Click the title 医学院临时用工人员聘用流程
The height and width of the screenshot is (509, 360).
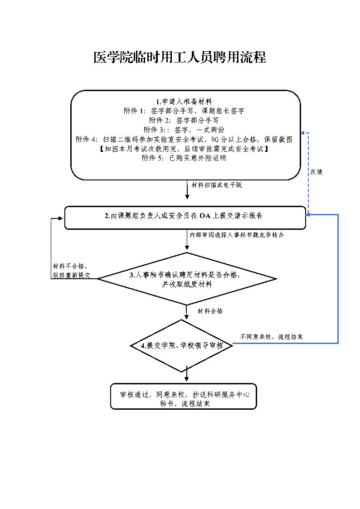tap(180, 57)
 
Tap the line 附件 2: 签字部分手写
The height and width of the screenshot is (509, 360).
tap(184, 121)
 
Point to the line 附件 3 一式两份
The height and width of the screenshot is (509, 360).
tap(184, 130)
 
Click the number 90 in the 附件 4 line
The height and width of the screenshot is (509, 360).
tap(216, 140)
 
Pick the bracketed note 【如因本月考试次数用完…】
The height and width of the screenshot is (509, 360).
tap(184, 149)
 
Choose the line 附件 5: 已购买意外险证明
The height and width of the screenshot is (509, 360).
tap(184, 159)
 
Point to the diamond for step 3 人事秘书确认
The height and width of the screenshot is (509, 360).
tap(187, 279)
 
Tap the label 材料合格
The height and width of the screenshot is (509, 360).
tap(210, 311)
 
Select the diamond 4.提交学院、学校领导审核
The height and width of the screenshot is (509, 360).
tap(182, 346)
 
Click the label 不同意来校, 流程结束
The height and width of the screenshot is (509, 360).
tap(272, 337)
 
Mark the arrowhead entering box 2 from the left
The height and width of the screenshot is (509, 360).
tap(62, 218)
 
